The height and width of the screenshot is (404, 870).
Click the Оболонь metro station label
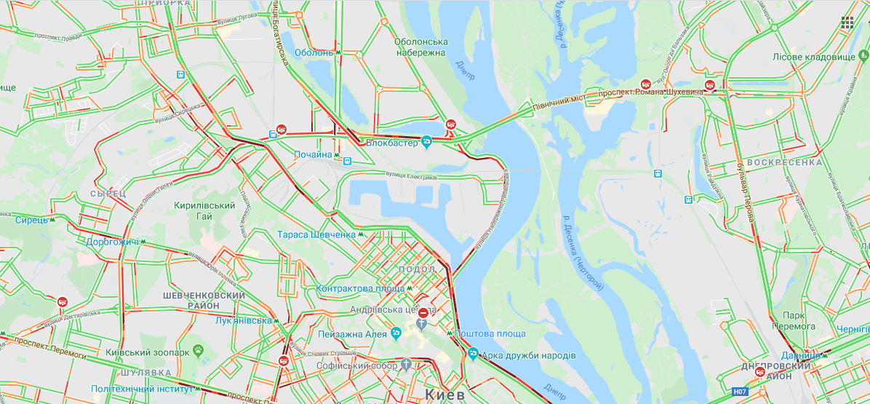[x=314, y=52]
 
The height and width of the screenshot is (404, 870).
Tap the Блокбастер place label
[x=391, y=143]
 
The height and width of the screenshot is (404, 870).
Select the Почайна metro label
[x=313, y=155]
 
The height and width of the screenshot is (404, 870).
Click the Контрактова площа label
[x=360, y=289]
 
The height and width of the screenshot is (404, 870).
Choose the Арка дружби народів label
[x=528, y=355]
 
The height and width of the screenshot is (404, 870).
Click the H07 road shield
[x=740, y=392]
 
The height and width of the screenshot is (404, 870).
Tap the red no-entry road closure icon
[x=423, y=312]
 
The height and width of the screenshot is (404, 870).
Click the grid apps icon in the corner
[x=847, y=22]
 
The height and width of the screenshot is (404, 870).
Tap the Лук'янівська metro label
[x=243, y=320]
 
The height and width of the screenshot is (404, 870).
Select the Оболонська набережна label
[x=420, y=47]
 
